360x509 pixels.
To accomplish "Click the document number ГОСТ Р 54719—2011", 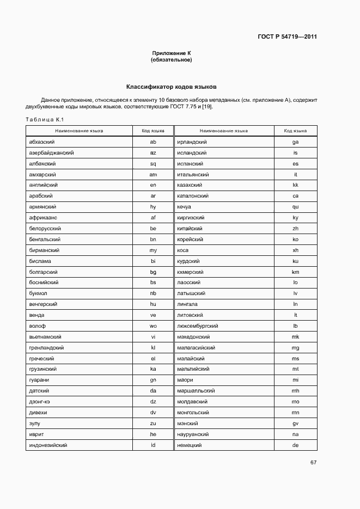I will [x=287, y=37].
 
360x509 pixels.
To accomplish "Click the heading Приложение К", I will [x=172, y=53].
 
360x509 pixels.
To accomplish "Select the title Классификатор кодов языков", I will [x=172, y=87].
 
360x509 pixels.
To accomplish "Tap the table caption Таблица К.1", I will [x=45, y=120].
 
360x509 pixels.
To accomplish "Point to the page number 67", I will [x=313, y=463].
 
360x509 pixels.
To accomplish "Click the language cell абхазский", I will [x=41, y=142].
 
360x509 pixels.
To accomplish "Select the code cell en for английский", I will [x=153, y=185].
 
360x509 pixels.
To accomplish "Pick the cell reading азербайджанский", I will [x=51, y=152].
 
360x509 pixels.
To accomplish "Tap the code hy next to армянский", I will [x=153, y=207].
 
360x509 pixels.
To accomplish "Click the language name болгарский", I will [x=44, y=272].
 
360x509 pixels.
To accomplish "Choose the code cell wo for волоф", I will [x=153, y=326].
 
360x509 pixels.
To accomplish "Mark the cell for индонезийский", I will [x=48, y=445].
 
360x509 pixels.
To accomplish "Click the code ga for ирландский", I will [x=295, y=142].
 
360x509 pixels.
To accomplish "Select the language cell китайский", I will [x=190, y=228].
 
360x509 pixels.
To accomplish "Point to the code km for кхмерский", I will [x=295, y=272].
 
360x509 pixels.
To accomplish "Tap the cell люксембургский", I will [x=197, y=326].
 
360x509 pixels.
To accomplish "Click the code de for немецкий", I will [x=295, y=445].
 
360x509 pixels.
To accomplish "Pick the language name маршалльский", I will [x=196, y=391].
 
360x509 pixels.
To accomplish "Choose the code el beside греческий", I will [x=153, y=358].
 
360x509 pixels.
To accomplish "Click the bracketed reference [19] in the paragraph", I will [x=206, y=107].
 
